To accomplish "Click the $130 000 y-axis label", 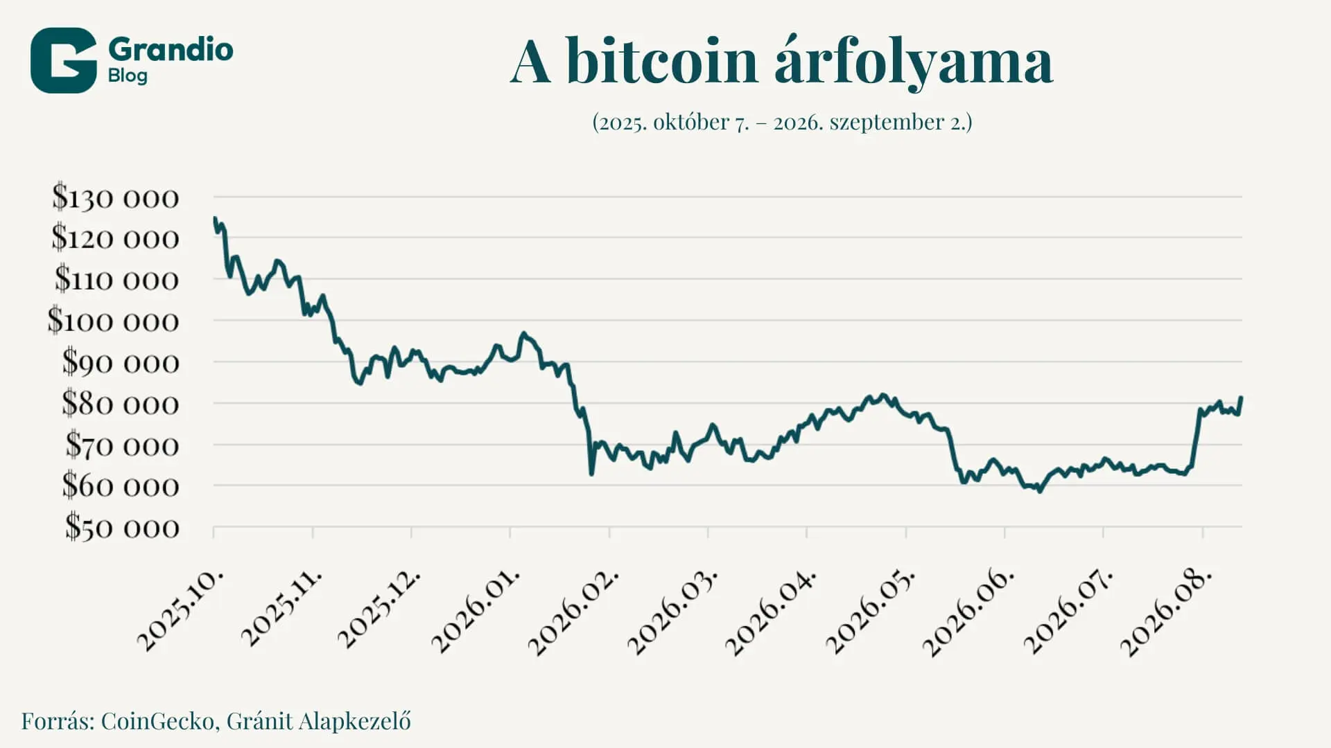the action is coord(115,198).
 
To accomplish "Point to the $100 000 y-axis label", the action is coord(113,321).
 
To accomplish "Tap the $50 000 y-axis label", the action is coord(122,527).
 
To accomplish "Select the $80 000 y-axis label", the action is coord(120,403).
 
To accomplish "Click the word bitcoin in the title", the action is coord(662,62).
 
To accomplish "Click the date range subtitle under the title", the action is coord(782,122).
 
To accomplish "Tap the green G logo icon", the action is coord(63,60).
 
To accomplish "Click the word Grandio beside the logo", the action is coord(171,49).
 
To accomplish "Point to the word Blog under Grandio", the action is coord(128,75).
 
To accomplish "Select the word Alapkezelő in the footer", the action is coord(354,721).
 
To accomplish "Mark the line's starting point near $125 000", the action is coord(215,219).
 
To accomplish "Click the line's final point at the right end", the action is coord(1241,398).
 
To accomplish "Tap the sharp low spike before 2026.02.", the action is coord(591,473).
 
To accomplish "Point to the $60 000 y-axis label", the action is coord(121,486).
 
